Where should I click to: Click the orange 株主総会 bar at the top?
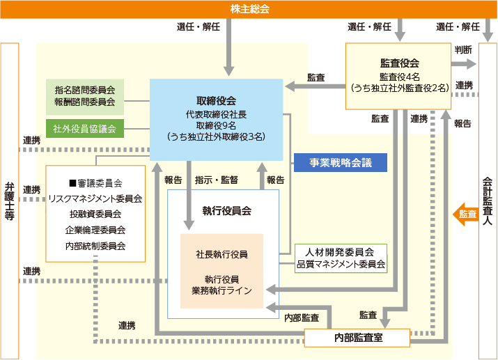point(249,9)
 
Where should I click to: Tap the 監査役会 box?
point(399,76)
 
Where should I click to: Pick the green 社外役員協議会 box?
point(84,129)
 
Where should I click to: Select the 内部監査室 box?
point(357,338)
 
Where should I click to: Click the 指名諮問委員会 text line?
point(84,89)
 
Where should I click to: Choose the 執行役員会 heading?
point(226,210)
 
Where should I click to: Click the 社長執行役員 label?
point(221,254)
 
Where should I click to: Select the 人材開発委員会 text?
point(341,252)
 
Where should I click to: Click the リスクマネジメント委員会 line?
point(95,198)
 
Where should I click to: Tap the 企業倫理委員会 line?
point(95,230)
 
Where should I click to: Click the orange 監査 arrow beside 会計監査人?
point(465,214)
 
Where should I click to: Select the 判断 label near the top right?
point(464,50)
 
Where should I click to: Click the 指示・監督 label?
point(217,180)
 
